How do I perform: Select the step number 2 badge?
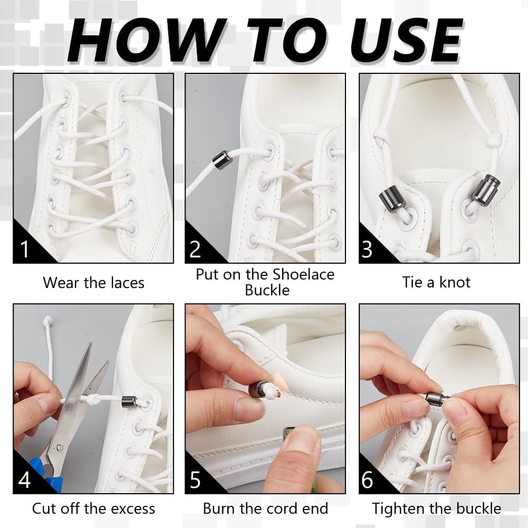coord(195,249)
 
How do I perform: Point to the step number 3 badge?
coord(368,249)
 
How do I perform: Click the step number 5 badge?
coord(195,480)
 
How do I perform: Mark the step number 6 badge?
coord(368,480)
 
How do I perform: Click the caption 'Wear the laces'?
coord(93,283)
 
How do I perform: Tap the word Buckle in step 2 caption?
coord(267,290)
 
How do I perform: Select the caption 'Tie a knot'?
coord(436,282)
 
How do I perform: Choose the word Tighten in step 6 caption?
coord(400,508)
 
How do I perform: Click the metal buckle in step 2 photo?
coord(222,160)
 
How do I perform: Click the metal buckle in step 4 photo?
coord(129,401)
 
